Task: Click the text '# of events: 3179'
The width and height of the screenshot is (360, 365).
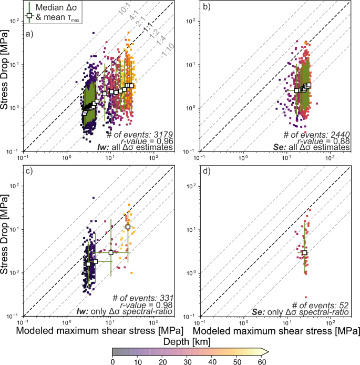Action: (144, 134)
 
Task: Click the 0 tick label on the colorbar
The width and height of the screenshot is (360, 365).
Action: (112, 362)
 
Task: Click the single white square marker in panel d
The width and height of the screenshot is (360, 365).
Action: (305, 253)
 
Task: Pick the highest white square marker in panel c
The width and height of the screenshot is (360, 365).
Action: (128, 227)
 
